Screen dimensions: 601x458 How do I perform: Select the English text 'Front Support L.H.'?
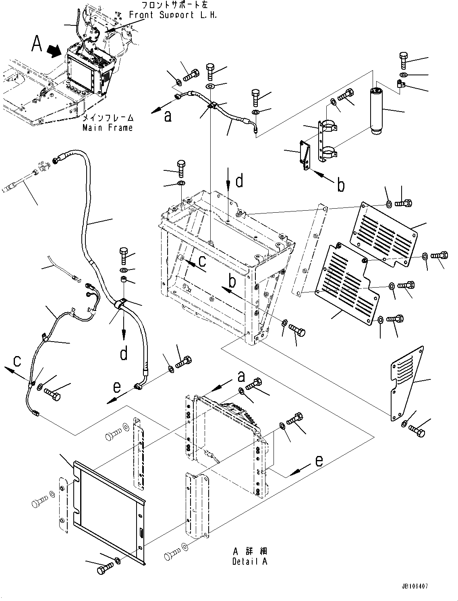coord(173,15)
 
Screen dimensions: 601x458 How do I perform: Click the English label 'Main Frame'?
coord(108,128)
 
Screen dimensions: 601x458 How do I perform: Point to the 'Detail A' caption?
coord(250,561)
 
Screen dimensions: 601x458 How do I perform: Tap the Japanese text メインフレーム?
coord(108,118)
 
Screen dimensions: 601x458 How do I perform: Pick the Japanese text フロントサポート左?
coord(174,6)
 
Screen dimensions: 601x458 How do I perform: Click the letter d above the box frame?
coord(239,181)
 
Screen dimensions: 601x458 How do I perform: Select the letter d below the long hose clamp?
coord(124,353)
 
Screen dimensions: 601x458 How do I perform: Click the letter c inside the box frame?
coord(202,261)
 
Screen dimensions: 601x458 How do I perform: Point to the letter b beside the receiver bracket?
coord(341,185)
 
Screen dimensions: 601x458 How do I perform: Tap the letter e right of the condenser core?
coord(319,460)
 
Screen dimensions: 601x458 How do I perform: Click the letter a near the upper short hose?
coord(168,116)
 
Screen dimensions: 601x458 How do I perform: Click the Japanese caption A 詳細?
coord(250,551)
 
